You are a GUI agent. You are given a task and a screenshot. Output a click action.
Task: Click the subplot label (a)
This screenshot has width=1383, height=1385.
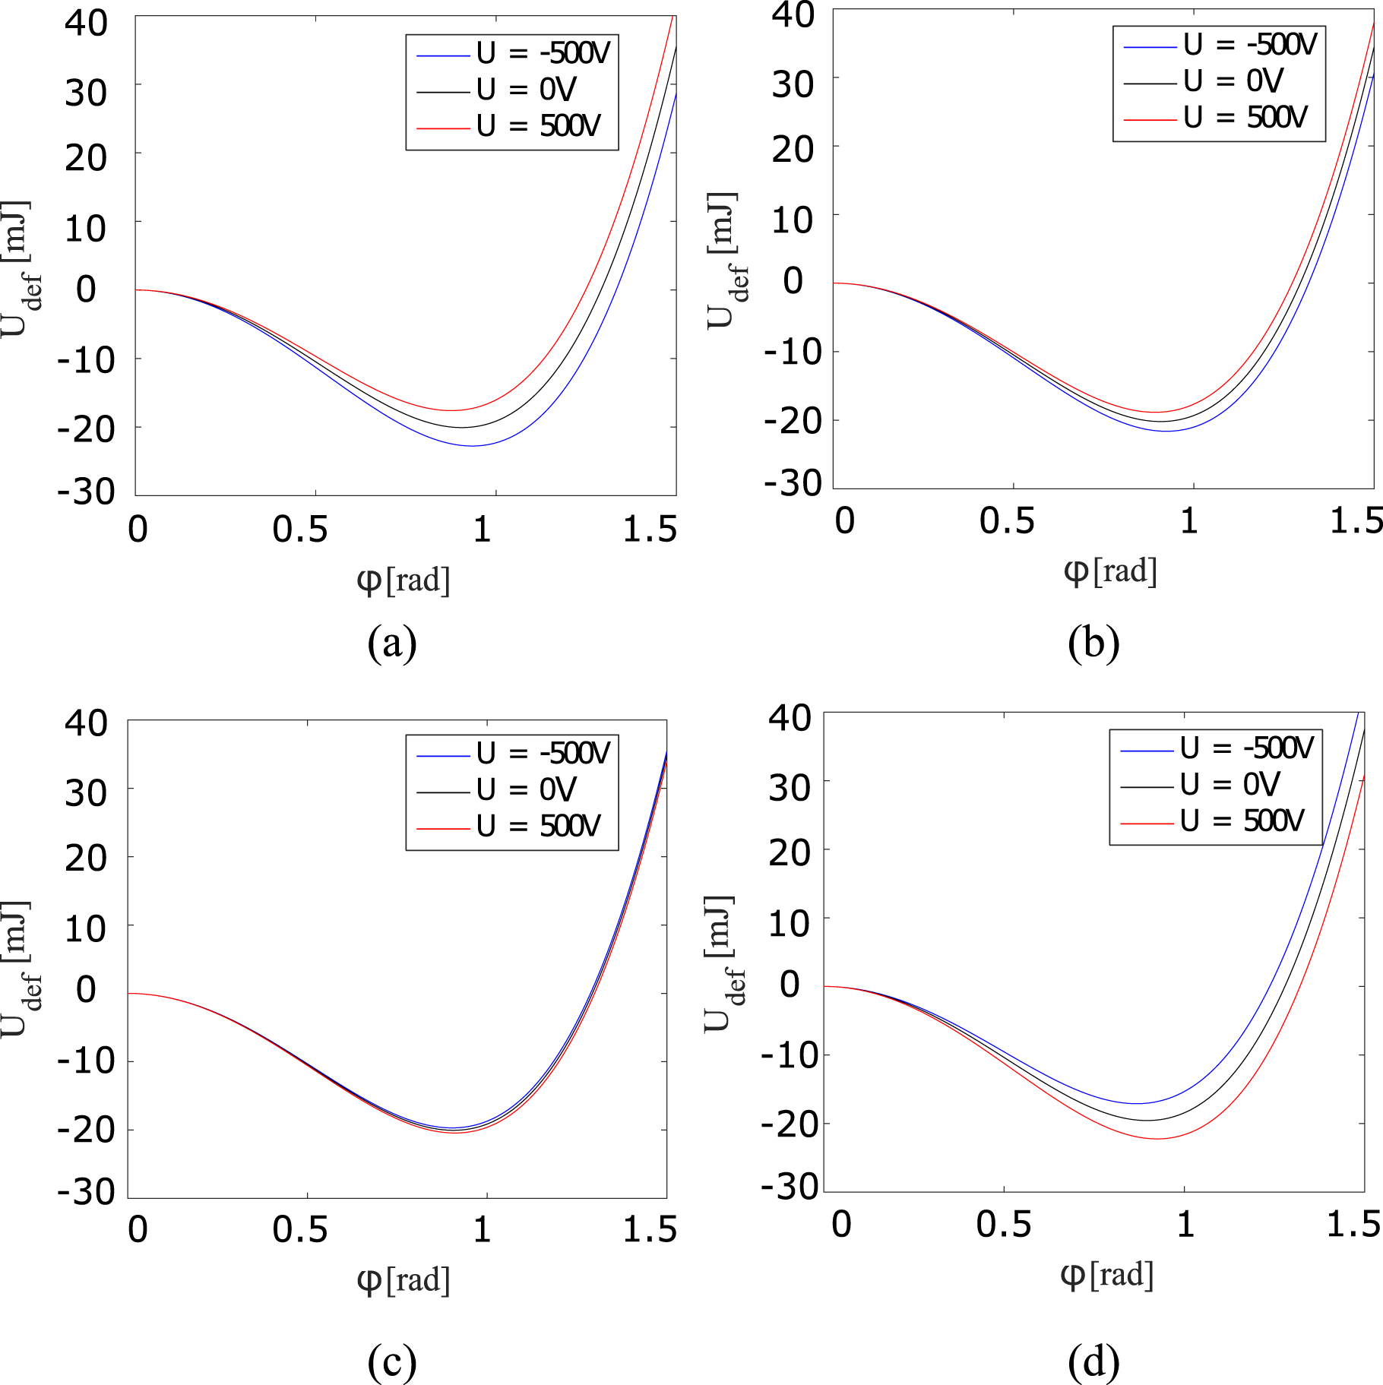[x=392, y=643]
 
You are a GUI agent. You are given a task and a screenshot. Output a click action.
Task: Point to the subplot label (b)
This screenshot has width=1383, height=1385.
[x=1093, y=643]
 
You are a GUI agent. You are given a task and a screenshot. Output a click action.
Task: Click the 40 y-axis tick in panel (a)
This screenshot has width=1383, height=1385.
[x=86, y=24]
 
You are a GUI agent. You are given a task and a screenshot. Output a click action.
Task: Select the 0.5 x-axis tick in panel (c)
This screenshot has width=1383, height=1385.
[x=300, y=1229]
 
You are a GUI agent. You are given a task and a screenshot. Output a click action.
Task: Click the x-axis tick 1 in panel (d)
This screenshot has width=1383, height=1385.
[x=1185, y=1224]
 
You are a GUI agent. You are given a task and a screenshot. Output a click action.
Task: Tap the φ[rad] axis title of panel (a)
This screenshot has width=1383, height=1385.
[x=404, y=581]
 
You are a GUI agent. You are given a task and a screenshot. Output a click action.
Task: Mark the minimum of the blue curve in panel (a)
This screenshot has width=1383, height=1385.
[x=473, y=446]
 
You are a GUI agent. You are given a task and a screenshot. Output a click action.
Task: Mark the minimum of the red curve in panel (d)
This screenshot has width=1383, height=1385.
[x=1157, y=1139]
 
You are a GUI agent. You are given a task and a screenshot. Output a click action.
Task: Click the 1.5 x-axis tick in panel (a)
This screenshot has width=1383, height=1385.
[x=650, y=530]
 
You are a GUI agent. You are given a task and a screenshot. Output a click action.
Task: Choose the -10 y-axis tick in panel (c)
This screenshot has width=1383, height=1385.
[x=86, y=1061]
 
